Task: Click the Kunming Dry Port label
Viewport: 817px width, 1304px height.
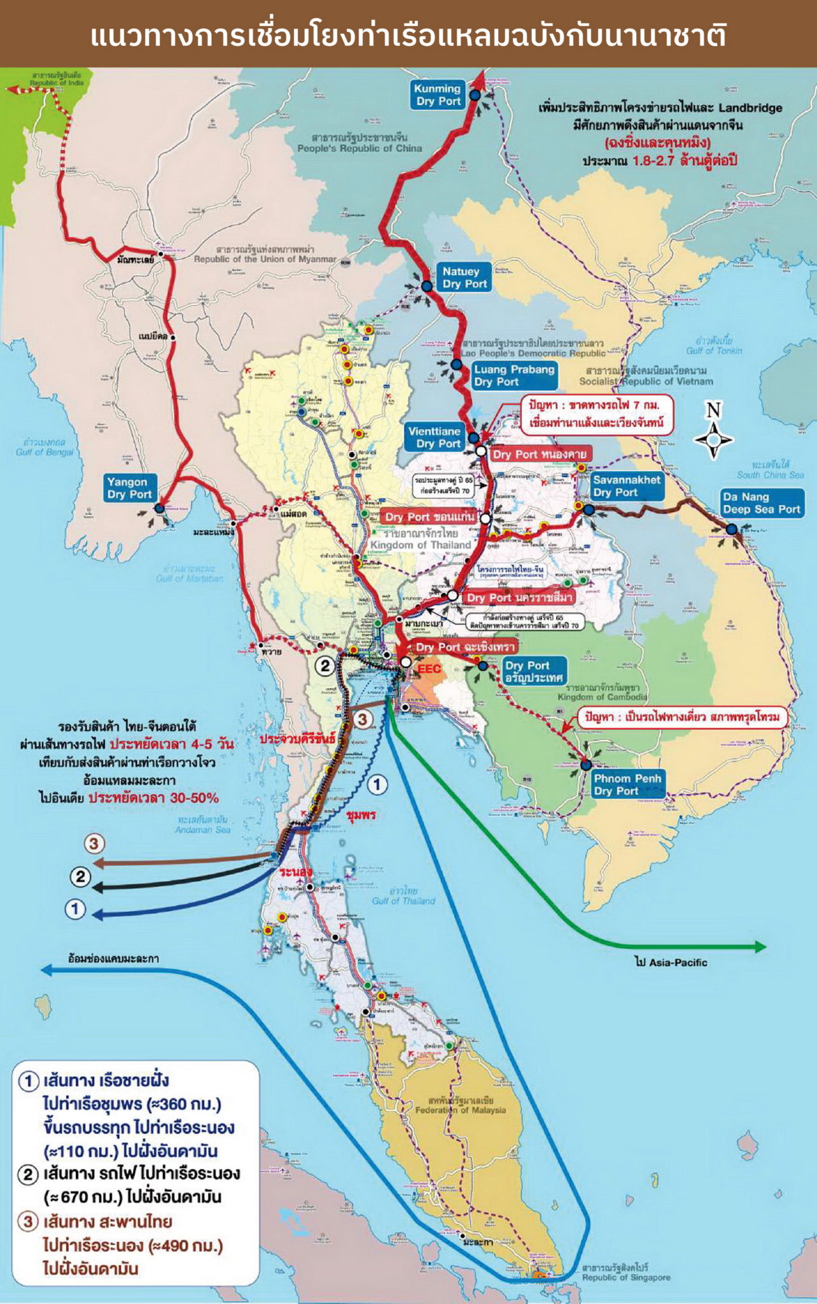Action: pyautogui.click(x=438, y=95)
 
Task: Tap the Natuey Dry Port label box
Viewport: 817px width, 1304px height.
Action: pyautogui.click(x=464, y=278)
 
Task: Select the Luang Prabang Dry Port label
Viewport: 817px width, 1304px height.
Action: pyautogui.click(x=514, y=376)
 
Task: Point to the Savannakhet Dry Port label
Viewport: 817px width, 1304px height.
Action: pyautogui.click(x=626, y=486)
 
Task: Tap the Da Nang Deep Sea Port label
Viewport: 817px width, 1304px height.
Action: pyautogui.click(x=761, y=503)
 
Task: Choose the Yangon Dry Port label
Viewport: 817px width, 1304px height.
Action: pyautogui.click(x=129, y=488)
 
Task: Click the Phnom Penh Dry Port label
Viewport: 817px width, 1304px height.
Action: pyautogui.click(x=627, y=784)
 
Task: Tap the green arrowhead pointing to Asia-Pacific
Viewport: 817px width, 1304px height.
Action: pyautogui.click(x=760, y=947)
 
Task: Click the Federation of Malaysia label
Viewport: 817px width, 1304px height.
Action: pyautogui.click(x=461, y=1105)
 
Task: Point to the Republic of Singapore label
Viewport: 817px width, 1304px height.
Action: pyautogui.click(x=626, y=1273)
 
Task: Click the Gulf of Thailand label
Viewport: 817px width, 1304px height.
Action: pyautogui.click(x=403, y=896)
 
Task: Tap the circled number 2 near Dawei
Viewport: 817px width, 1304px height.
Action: pyautogui.click(x=325, y=666)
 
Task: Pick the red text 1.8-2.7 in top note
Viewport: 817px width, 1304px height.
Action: pyautogui.click(x=654, y=161)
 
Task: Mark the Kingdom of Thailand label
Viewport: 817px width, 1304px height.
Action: pyautogui.click(x=421, y=540)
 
